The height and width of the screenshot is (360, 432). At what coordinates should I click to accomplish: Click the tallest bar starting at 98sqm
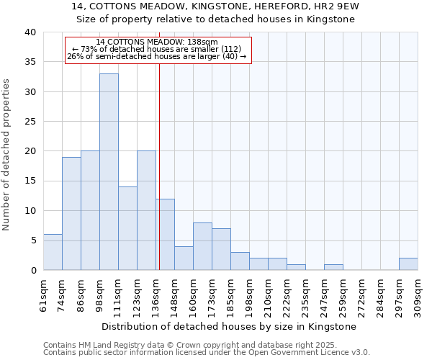point(109,172)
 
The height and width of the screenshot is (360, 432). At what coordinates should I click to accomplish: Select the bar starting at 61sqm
point(53,252)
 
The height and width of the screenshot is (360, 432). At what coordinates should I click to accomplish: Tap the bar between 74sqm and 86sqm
point(71,214)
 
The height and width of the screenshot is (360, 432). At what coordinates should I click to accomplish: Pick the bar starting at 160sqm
point(202,246)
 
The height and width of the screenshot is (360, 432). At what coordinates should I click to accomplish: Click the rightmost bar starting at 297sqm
point(408,264)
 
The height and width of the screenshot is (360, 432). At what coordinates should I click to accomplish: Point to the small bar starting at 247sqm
point(333,267)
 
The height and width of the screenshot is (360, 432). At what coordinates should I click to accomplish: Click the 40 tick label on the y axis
point(30,32)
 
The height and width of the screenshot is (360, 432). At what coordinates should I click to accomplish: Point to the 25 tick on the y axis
point(30,122)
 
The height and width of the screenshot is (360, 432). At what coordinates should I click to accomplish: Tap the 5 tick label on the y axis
point(32,240)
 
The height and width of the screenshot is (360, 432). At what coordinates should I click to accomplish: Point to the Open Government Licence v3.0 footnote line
point(207,352)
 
